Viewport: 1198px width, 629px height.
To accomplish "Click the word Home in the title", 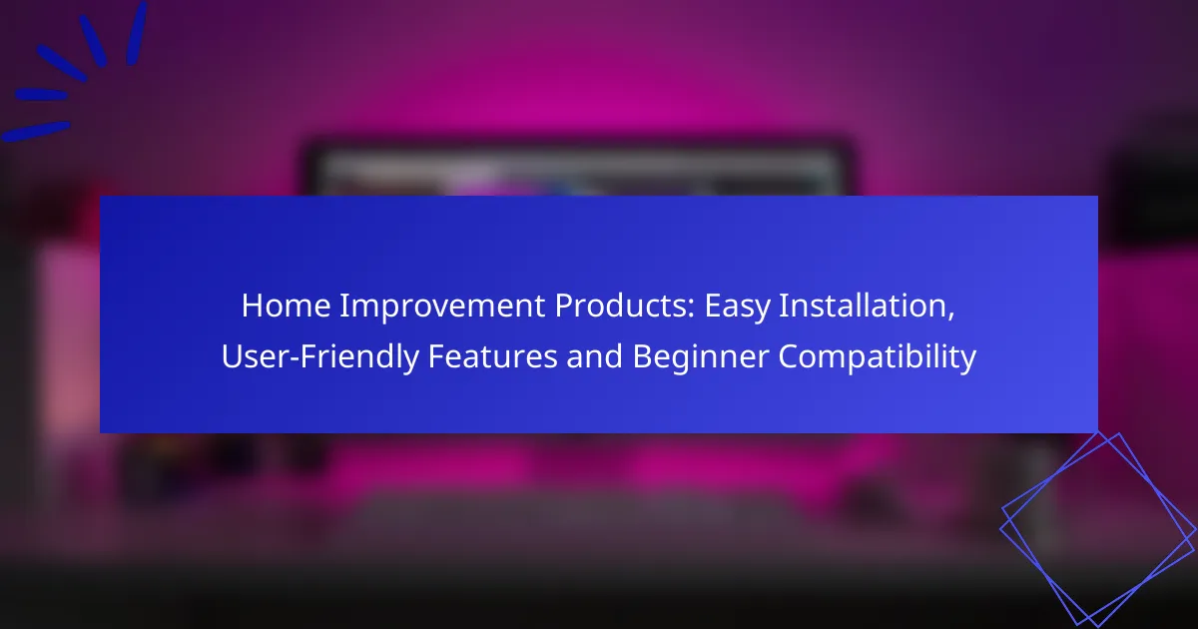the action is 287,306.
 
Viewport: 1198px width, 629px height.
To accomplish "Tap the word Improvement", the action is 442,307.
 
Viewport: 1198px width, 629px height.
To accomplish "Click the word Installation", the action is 863,306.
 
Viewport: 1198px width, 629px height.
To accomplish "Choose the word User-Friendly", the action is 320,356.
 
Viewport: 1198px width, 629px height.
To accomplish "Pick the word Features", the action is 492,356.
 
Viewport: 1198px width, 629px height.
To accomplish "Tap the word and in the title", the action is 595,356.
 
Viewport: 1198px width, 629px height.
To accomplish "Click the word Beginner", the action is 701,357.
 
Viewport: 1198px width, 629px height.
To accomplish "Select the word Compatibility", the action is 878,357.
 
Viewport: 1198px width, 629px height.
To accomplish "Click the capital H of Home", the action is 252,306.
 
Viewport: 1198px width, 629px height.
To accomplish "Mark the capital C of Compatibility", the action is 789,356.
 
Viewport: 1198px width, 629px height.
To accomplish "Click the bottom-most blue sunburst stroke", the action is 36,132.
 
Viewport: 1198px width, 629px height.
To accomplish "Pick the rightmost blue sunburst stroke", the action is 137,33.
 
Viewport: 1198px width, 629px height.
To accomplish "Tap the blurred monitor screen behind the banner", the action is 578,169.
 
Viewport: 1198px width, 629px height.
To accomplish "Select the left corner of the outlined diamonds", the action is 1000,528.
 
